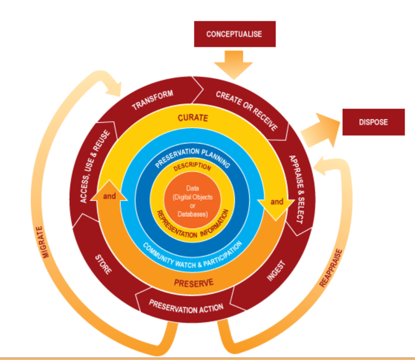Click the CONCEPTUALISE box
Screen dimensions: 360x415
[233, 34]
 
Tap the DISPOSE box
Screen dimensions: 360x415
[373, 122]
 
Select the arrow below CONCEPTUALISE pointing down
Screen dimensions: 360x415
[233, 67]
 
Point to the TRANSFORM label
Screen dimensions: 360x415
[152, 100]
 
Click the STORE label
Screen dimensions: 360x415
[103, 264]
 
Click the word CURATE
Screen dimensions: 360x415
[192, 118]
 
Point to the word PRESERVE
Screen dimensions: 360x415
[193, 283]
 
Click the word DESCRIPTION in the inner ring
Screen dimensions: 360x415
[192, 168]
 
